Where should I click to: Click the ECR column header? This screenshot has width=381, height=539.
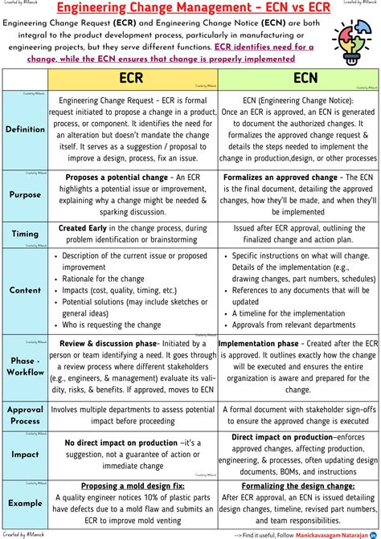pos(132,79)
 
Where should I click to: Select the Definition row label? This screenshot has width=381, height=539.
pos(25,129)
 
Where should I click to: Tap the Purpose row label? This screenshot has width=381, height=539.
pos(25,194)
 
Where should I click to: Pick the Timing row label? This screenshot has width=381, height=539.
pos(25,234)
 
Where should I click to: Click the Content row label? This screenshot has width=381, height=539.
pos(25,290)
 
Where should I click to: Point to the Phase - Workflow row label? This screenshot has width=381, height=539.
pos(25,366)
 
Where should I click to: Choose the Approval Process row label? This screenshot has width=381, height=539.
pos(25,414)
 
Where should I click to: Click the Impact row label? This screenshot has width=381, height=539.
pos(25,454)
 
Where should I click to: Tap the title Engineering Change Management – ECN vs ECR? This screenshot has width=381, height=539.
pos(190,8)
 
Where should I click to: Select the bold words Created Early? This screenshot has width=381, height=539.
pos(85,228)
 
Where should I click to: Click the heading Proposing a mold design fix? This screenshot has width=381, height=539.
pos(132,486)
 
